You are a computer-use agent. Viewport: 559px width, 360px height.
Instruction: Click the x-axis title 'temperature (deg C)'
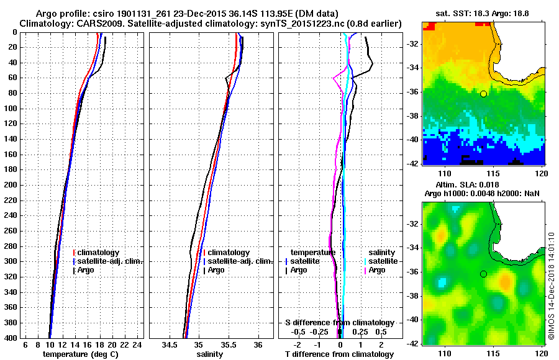pyautogui.click(x=80, y=354)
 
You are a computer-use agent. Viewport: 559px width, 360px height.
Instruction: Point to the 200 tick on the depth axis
pyautogui.click(x=12, y=185)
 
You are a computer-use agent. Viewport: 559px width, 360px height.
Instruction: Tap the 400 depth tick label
pyautogui.click(x=12, y=338)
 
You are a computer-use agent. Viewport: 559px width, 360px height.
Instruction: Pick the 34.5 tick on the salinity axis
pyautogui.click(x=170, y=344)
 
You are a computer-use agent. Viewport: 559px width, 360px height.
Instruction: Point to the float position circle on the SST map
pyautogui.click(x=483, y=94)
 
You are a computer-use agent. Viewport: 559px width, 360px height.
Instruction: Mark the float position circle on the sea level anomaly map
pyautogui.click(x=483, y=274)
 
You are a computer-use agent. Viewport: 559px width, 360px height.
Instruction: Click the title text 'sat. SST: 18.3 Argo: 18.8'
pyautogui.click(x=483, y=13)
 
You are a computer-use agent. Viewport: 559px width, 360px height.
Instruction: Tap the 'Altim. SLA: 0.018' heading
pyautogui.click(x=483, y=186)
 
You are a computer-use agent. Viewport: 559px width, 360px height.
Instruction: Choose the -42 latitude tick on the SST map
pyautogui.click(x=413, y=163)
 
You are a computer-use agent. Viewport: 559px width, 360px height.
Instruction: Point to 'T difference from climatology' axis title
pyautogui.click(x=339, y=354)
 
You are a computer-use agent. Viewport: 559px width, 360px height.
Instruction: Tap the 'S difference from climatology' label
pyautogui.click(x=339, y=323)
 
